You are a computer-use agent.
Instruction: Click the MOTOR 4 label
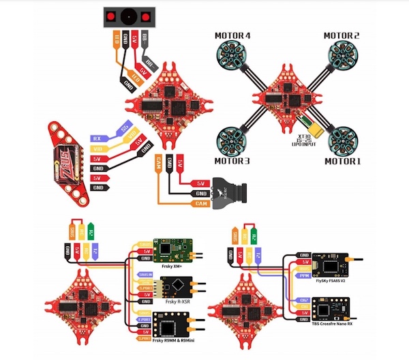click(x=233, y=35)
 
